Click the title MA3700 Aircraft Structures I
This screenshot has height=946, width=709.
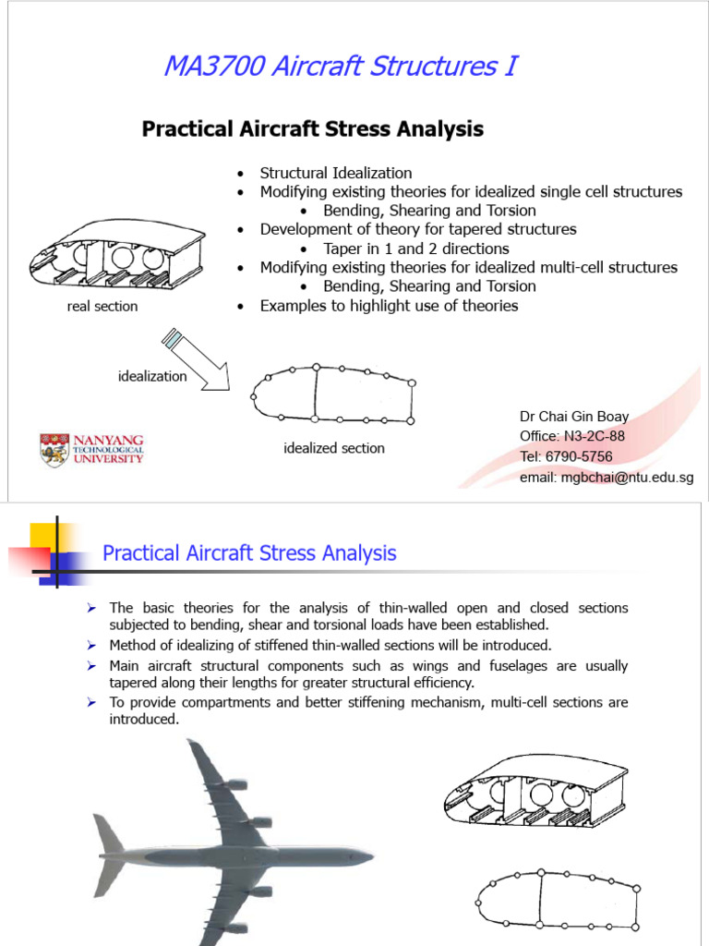pyautogui.click(x=340, y=67)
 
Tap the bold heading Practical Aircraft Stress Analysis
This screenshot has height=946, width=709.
pyautogui.click(x=312, y=128)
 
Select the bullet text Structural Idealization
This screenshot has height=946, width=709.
pyautogui.click(x=336, y=173)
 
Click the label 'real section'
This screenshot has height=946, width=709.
pyautogui.click(x=102, y=306)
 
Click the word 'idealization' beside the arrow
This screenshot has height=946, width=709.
pyautogui.click(x=152, y=376)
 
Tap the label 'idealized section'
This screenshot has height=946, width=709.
pyautogui.click(x=334, y=448)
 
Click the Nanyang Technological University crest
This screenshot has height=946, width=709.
pyautogui.click(x=54, y=450)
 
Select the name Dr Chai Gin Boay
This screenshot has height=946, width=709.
pyautogui.click(x=574, y=417)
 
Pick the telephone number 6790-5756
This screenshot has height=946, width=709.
pyautogui.click(x=578, y=456)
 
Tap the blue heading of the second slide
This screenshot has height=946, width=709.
pyautogui.click(x=249, y=553)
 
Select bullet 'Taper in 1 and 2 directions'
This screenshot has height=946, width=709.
pyautogui.click(x=416, y=249)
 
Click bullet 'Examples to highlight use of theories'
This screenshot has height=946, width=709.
pyautogui.click(x=389, y=305)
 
